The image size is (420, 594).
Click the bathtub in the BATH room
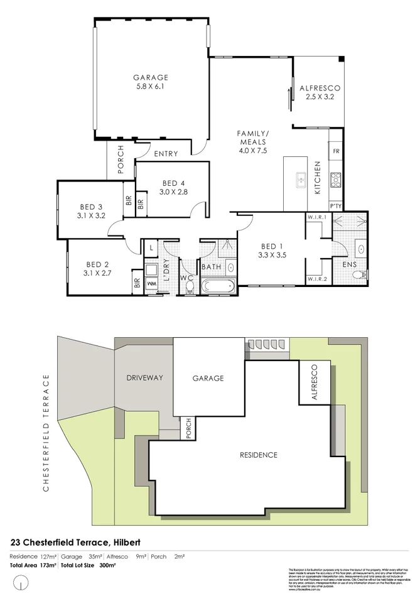point(217,286)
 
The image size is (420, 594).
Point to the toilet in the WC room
point(190,287)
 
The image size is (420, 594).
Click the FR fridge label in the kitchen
point(336,152)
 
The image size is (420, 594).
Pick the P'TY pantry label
point(335,207)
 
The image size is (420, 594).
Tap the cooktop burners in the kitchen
point(336,180)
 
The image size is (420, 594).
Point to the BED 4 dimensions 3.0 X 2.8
point(173,192)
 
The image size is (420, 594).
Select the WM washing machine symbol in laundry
point(151,284)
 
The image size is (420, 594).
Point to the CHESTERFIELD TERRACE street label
point(46,433)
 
